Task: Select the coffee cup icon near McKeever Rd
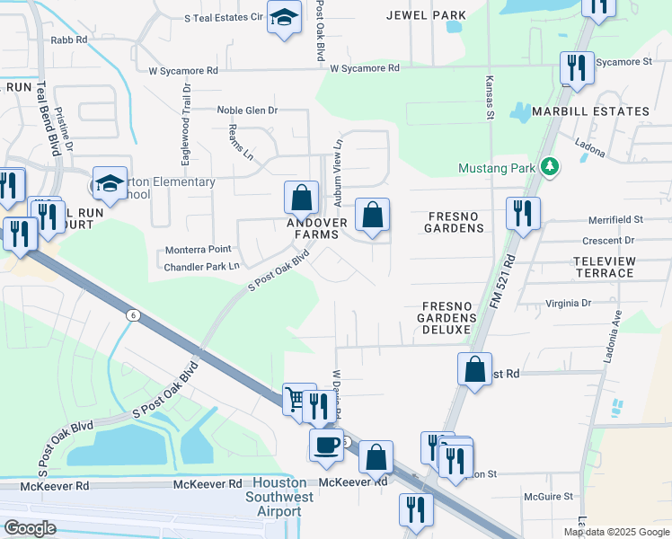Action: (x=326, y=444)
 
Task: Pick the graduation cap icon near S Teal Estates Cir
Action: (x=284, y=20)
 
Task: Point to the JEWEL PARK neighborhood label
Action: (x=426, y=15)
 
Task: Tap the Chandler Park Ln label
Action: (x=201, y=267)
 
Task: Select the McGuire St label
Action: (x=548, y=496)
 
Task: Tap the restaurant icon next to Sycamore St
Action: (x=574, y=67)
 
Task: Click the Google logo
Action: (x=30, y=528)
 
